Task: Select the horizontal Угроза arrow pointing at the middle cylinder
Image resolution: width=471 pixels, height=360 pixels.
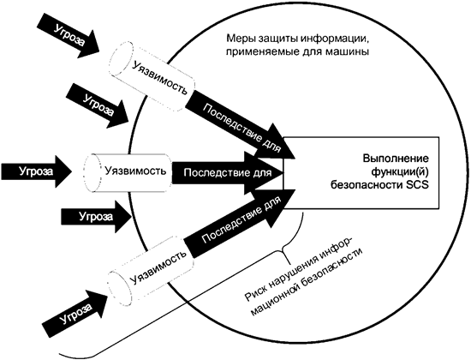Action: coord(33,169)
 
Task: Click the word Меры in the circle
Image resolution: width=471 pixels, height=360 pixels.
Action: coord(241,40)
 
